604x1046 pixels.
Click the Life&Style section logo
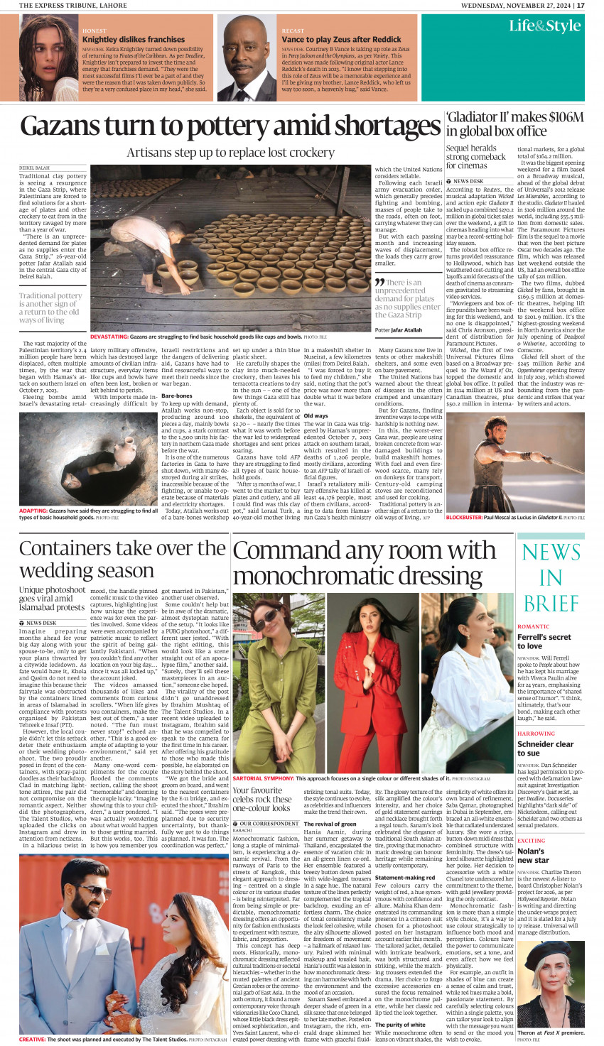(x=544, y=26)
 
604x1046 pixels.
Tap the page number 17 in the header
(x=581, y=5)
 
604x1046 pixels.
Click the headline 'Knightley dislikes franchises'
(x=134, y=40)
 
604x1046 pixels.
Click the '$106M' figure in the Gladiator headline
(x=561, y=117)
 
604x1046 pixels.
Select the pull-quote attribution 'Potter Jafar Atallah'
(x=398, y=330)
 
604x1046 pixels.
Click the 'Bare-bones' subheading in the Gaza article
(x=176, y=396)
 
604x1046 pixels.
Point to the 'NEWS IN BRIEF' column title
(x=551, y=577)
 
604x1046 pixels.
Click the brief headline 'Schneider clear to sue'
(x=545, y=748)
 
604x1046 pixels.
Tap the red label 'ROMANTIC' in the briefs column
(x=533, y=627)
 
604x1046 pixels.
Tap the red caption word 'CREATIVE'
(x=32, y=1039)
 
